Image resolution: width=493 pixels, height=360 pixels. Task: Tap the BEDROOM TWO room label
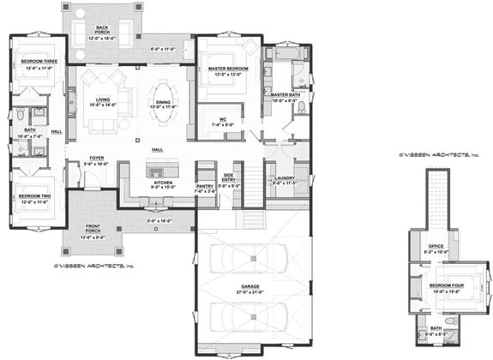[x=33, y=196]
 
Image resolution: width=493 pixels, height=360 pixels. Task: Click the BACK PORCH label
[x=102, y=27]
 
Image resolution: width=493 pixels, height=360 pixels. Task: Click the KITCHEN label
[x=164, y=182]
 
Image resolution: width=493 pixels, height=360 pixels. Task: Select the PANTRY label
[x=204, y=185]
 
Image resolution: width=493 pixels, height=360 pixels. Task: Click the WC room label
[x=222, y=119]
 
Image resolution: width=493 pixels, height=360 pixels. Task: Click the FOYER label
[x=95, y=157]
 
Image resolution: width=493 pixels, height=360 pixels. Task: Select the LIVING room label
[x=103, y=99]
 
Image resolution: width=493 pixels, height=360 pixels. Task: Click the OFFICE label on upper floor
[x=436, y=247]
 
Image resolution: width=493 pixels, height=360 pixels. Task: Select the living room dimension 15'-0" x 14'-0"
[x=103, y=105]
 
